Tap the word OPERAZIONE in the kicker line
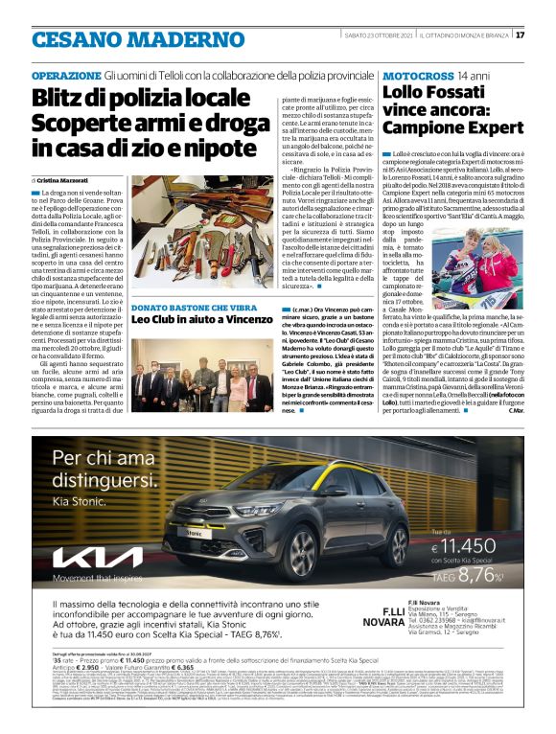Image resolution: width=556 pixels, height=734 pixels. coord(66,75)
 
